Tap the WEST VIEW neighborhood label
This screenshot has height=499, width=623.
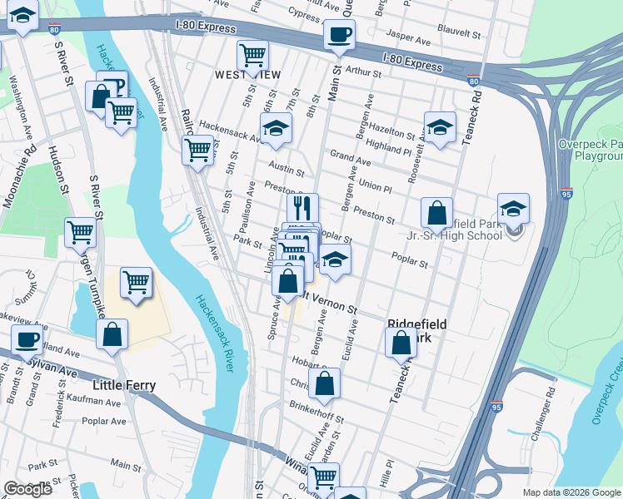(x=248, y=75)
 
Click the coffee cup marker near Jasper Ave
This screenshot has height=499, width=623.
(x=338, y=35)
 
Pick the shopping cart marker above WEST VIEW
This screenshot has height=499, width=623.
(x=252, y=55)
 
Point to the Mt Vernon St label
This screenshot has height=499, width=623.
(x=329, y=302)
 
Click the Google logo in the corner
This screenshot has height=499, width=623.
(x=28, y=489)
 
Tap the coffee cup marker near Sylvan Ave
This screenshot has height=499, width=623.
(x=27, y=340)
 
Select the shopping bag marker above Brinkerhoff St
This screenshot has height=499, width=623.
(x=325, y=383)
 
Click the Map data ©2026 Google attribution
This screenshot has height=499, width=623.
(x=571, y=492)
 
